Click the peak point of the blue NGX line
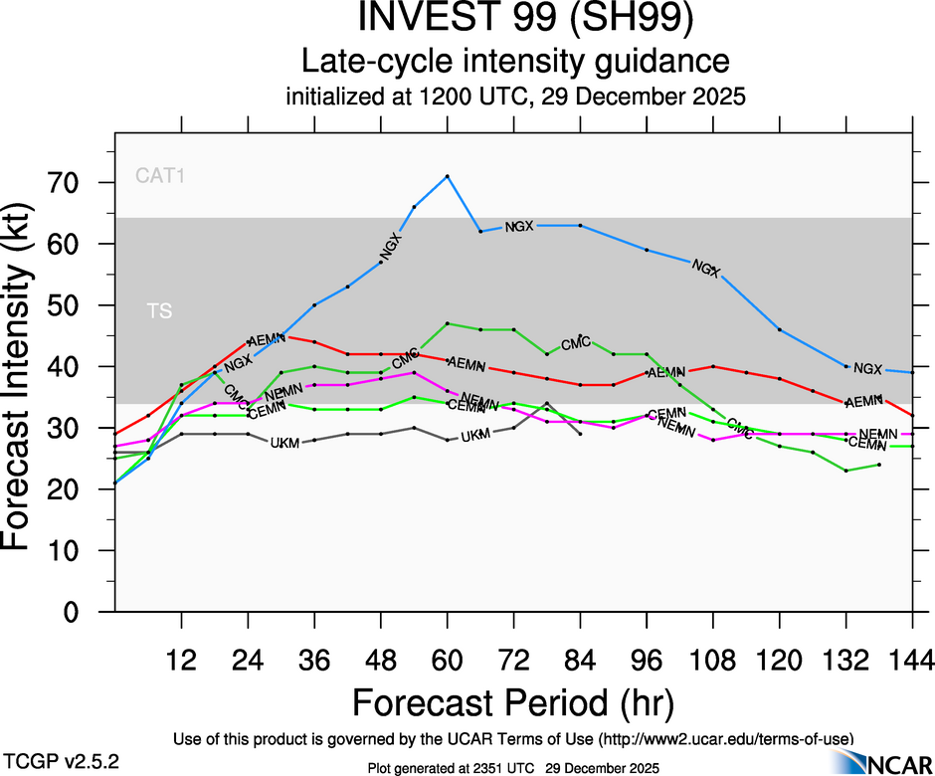point(448,176)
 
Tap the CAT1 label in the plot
point(161,177)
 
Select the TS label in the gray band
point(159,311)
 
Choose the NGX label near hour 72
point(519,226)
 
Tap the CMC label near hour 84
point(576,344)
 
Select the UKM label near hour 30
point(285,442)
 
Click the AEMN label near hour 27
point(266,339)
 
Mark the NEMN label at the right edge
point(877,435)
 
